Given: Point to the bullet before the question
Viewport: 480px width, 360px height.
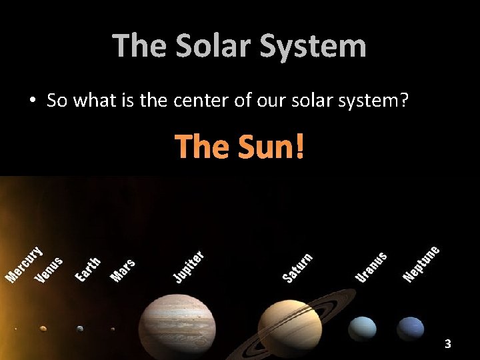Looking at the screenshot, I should point(32,101).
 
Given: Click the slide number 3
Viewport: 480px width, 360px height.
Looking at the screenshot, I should point(448,344).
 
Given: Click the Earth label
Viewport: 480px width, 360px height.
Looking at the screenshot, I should point(88,269).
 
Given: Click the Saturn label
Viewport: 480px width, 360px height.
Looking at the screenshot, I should point(297,267).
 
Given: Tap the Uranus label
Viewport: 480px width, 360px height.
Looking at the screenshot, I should point(371,266).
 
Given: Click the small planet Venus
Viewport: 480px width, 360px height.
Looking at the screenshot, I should point(43,328).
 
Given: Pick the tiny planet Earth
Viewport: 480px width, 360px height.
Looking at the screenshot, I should point(80,328).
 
